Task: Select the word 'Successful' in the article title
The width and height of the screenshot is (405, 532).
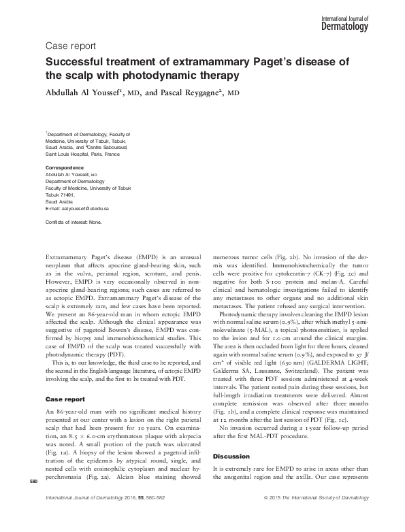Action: point(75,62)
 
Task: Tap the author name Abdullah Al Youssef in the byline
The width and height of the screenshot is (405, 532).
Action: point(91,92)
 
